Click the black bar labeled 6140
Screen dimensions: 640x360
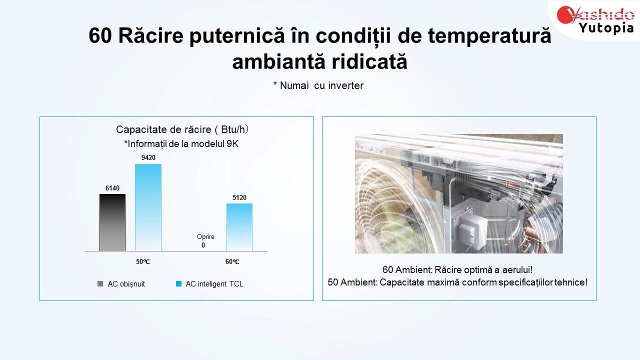[x=112, y=222]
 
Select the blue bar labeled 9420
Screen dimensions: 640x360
[x=148, y=207]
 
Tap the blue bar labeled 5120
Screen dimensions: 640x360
[x=239, y=227]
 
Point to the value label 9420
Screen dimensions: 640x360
[x=148, y=157]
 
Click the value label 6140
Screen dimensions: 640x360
[x=112, y=188]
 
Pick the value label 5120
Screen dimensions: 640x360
[x=239, y=197]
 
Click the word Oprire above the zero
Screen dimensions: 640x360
[x=205, y=237]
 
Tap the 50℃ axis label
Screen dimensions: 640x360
[x=143, y=261]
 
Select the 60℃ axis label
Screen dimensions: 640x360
[x=232, y=261]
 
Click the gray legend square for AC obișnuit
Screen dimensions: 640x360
[x=100, y=283]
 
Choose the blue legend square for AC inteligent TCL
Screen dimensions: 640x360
[x=178, y=283]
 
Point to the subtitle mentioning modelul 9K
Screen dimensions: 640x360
[x=181, y=143]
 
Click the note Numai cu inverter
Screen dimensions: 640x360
[x=318, y=85]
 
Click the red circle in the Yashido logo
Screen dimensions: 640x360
[x=565, y=15]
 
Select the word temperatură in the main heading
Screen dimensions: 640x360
[x=489, y=35]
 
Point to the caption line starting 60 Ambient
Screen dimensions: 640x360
[x=457, y=269]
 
